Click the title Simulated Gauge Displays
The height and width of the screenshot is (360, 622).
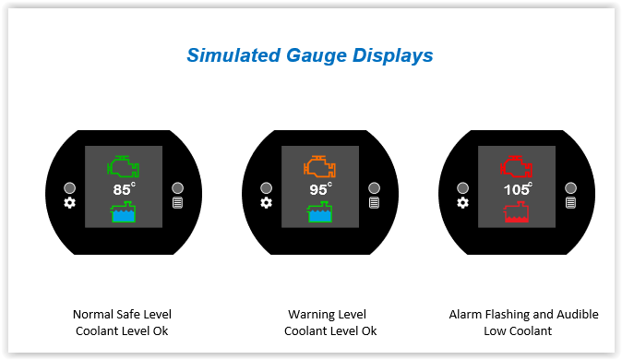(x=310, y=55)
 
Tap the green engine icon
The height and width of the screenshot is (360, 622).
(x=123, y=166)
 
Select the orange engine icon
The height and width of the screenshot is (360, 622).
(x=319, y=166)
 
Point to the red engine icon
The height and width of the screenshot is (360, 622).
(x=516, y=166)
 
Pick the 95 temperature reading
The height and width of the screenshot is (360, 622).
(x=320, y=189)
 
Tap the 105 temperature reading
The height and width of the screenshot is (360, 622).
(x=518, y=189)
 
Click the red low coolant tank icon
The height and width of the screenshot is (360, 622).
(x=516, y=211)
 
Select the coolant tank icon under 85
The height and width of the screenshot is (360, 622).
(x=123, y=211)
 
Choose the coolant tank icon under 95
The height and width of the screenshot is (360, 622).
(x=319, y=211)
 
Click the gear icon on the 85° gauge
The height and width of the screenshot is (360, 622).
(x=70, y=203)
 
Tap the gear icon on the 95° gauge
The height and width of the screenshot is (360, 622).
(x=266, y=203)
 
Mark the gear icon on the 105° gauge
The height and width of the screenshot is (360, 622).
(x=462, y=203)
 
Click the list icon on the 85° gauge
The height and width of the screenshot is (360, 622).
(x=178, y=203)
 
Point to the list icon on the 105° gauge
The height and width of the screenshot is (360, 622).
(x=571, y=203)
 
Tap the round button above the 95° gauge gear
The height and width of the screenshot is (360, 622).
(x=266, y=187)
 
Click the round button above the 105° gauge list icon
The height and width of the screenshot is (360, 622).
(x=571, y=187)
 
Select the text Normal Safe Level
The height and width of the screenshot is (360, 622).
(x=122, y=315)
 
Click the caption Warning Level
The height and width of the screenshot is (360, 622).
(x=328, y=315)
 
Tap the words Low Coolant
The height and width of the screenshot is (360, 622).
(x=518, y=330)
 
